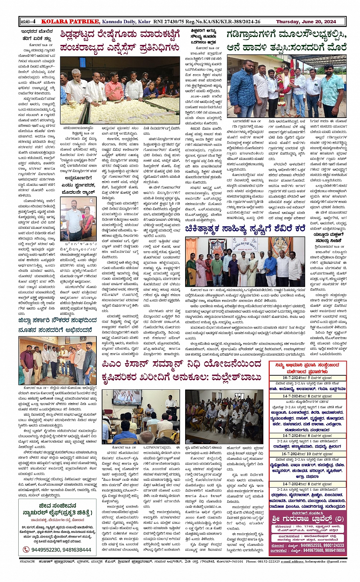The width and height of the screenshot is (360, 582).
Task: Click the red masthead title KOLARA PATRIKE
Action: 70,22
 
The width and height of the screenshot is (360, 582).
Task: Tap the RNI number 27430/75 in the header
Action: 173,22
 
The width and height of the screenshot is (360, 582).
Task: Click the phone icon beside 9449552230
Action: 26,550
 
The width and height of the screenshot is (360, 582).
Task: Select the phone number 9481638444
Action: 77,550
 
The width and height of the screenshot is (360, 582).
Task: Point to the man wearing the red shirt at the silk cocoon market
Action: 114,89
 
